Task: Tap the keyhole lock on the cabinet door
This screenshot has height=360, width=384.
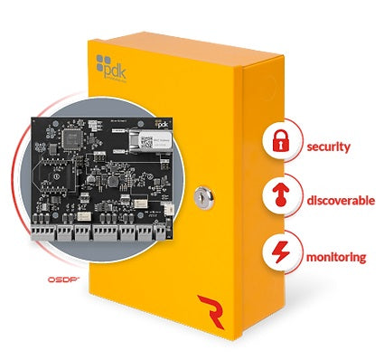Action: point(202,193)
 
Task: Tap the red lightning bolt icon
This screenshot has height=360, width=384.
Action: point(279,255)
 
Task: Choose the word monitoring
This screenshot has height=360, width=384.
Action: point(336,256)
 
